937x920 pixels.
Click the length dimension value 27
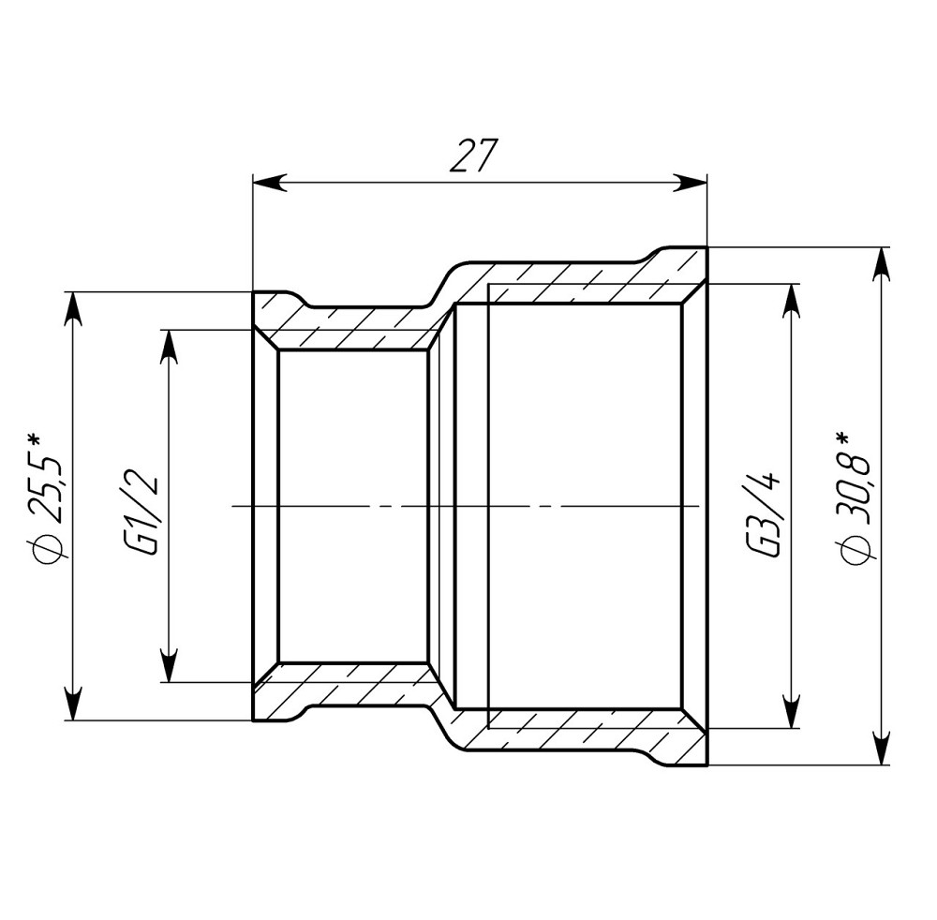click(x=472, y=156)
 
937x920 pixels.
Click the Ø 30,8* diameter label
click(x=857, y=497)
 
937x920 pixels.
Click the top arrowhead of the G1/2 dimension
click(x=169, y=346)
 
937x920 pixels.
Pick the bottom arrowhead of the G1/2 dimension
click(x=169, y=666)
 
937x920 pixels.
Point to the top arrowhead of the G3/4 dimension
click(x=792, y=299)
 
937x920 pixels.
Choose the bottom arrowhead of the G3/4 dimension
click(x=792, y=712)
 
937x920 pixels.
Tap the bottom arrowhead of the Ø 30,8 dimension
click(x=882, y=749)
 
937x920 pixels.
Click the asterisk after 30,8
click(x=845, y=438)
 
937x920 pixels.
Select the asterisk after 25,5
click(x=35, y=439)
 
